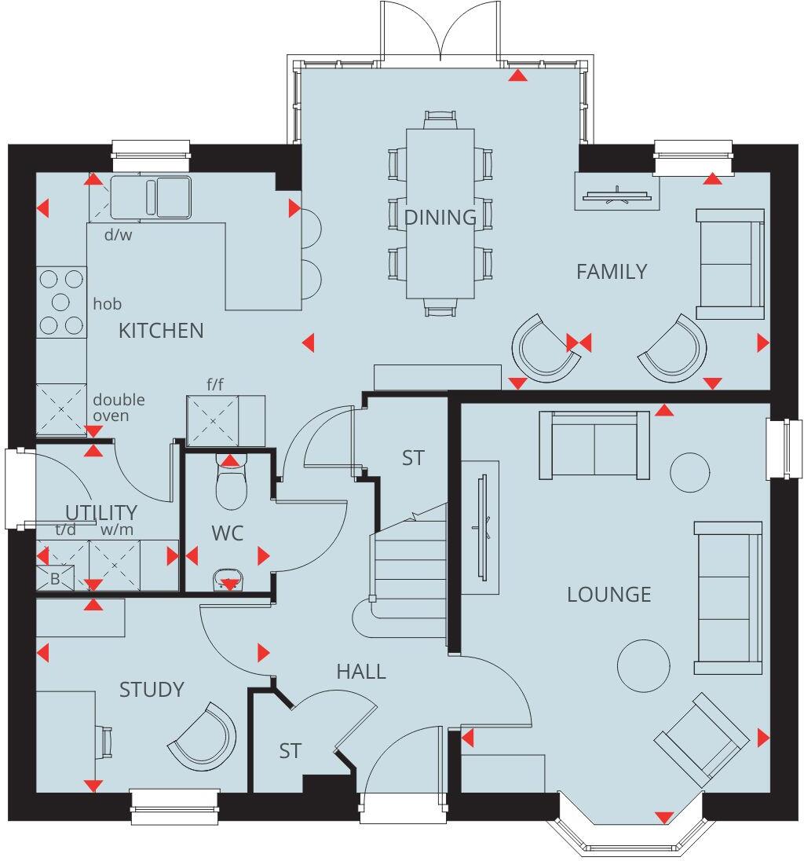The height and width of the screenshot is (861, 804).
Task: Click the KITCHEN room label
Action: coord(161,331)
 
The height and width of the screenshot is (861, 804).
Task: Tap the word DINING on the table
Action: coord(440,218)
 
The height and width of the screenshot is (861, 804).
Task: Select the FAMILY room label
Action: coord(612,272)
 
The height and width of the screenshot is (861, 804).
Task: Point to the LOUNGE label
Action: coord(609,594)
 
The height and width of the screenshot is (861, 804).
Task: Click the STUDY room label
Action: coord(152,690)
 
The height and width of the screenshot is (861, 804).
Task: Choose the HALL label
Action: coord(361,672)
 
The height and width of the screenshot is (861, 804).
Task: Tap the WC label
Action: coord(228,533)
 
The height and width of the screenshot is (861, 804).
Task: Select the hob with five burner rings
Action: coord(61,302)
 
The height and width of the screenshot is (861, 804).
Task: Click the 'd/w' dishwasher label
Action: coord(119,234)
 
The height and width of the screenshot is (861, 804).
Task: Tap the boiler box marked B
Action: coord(55,578)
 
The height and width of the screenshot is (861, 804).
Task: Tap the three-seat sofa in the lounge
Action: coord(729,597)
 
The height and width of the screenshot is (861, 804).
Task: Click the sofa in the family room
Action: coord(731,264)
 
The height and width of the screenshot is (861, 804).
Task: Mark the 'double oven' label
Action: coord(119,407)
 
